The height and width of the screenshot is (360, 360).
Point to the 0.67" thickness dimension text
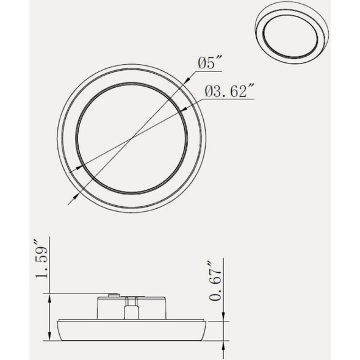click(x=215, y=280)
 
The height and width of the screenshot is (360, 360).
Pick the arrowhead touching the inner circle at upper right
click(x=184, y=110)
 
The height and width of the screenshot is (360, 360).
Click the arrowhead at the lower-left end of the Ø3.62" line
click(x=72, y=171)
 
